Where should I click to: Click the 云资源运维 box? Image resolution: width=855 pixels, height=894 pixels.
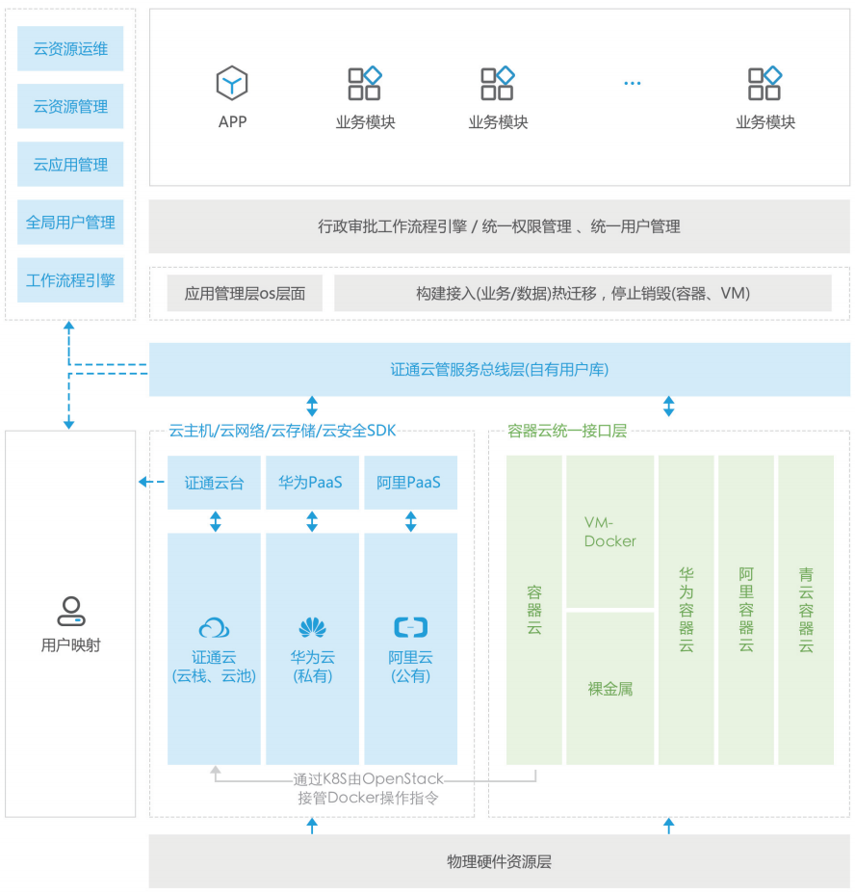(70, 49)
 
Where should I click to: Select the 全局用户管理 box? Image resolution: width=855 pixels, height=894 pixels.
(70, 223)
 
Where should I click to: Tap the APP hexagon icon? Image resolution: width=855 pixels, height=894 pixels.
(232, 84)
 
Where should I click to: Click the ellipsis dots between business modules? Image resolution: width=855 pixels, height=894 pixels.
(632, 84)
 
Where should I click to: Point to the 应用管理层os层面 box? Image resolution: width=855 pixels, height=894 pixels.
(245, 294)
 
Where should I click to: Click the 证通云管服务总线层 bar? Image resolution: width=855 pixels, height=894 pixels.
(499, 369)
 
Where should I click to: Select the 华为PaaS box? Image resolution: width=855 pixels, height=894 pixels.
(311, 482)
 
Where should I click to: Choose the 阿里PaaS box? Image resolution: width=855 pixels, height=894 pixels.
(409, 482)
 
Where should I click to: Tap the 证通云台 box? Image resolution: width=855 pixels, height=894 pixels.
(214, 482)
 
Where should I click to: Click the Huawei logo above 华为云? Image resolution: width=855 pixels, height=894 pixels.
(312, 628)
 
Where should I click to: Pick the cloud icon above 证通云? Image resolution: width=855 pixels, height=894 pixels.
(214, 628)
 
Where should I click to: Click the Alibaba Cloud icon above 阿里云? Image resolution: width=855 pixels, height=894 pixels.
(411, 628)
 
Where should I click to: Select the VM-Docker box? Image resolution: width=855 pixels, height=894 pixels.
(609, 532)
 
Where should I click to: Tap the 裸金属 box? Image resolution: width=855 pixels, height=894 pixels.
(609, 689)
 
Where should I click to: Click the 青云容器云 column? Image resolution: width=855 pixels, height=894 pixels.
(806, 610)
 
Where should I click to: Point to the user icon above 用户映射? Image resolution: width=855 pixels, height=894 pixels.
(70, 610)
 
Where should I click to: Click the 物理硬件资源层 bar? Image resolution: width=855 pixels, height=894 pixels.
(499, 861)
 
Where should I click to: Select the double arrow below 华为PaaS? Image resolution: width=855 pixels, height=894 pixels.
(312, 521)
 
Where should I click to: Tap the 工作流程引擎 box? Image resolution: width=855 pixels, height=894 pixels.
(70, 280)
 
